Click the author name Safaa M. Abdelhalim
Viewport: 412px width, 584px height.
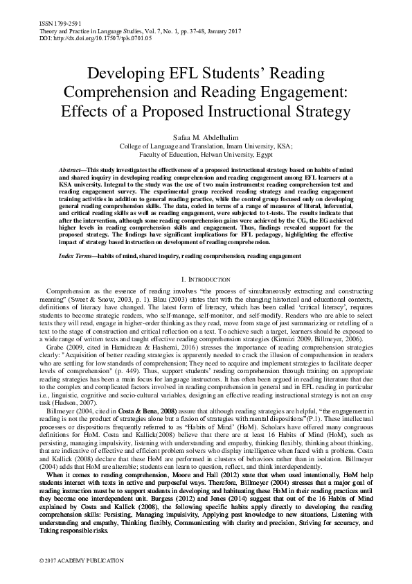206,137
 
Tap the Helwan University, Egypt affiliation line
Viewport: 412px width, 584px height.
206,155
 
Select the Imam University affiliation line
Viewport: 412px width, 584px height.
206,146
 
